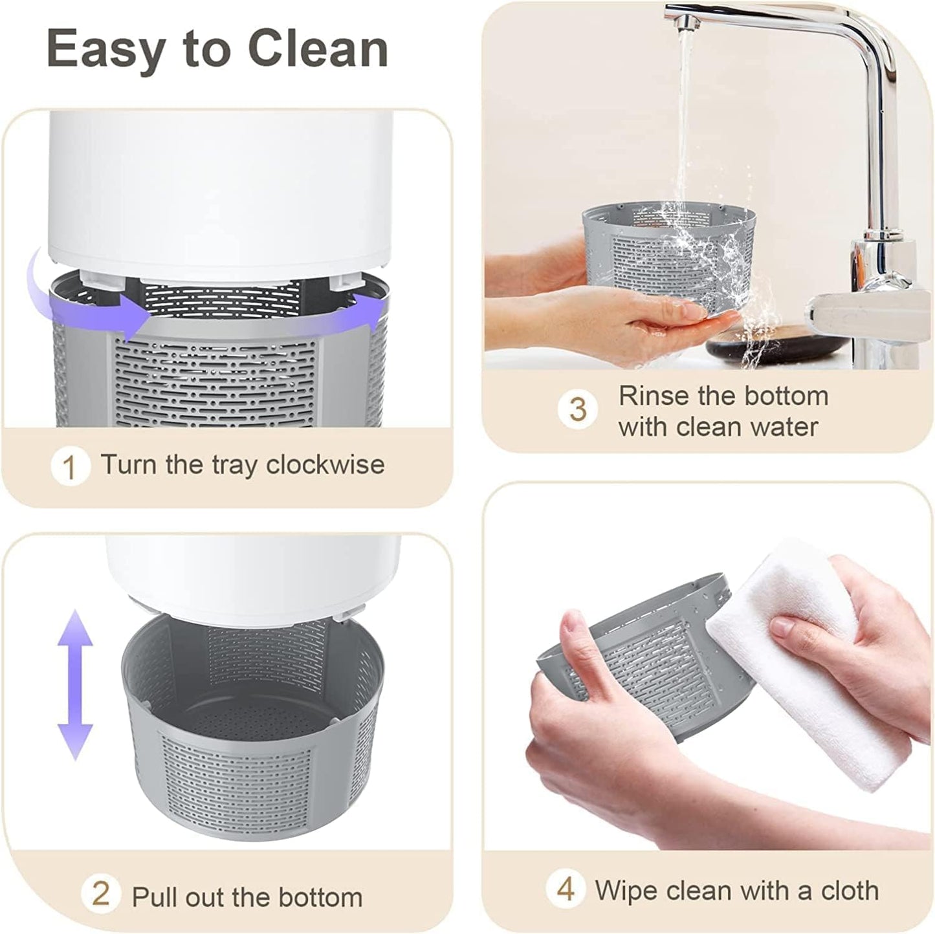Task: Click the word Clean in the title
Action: [318, 49]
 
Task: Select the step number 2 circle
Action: [100, 880]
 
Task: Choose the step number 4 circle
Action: [566, 876]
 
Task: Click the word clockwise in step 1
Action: [325, 464]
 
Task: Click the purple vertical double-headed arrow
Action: [75, 685]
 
